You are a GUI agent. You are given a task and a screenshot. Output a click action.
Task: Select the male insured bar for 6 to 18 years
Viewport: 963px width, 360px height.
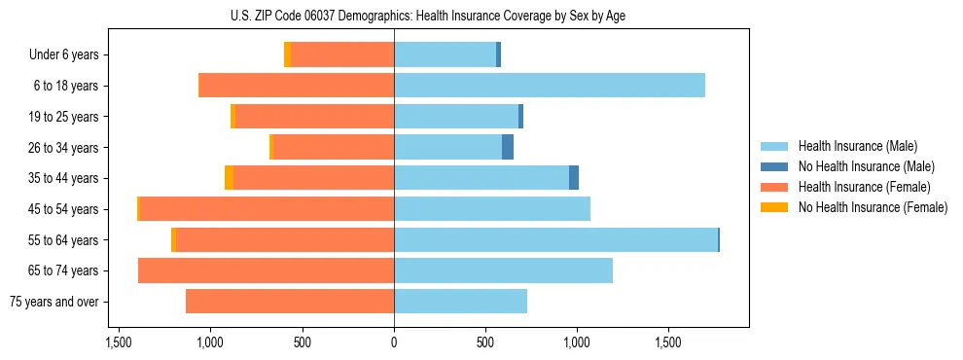[550, 86]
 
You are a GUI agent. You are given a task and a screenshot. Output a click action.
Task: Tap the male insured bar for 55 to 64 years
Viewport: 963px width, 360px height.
[555, 240]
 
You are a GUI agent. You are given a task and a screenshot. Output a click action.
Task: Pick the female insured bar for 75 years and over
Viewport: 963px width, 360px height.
[290, 302]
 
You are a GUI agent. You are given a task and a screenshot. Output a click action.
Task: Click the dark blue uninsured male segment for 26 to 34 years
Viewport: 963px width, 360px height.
[508, 148]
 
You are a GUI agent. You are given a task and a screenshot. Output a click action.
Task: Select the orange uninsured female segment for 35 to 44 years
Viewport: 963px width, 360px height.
[229, 178]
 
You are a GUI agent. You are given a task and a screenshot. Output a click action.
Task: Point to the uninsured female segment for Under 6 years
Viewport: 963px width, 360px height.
[287, 55]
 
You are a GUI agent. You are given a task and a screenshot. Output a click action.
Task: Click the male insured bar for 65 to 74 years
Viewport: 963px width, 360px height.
[503, 270]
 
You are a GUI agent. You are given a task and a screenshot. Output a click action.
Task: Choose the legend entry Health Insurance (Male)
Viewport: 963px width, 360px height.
[852, 147]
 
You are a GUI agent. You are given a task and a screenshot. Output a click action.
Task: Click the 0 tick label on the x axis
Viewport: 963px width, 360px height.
[394, 342]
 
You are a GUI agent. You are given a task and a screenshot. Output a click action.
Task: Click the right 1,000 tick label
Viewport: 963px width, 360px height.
[577, 342]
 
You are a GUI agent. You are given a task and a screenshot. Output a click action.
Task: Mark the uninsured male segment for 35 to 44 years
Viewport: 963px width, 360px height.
[574, 178]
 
